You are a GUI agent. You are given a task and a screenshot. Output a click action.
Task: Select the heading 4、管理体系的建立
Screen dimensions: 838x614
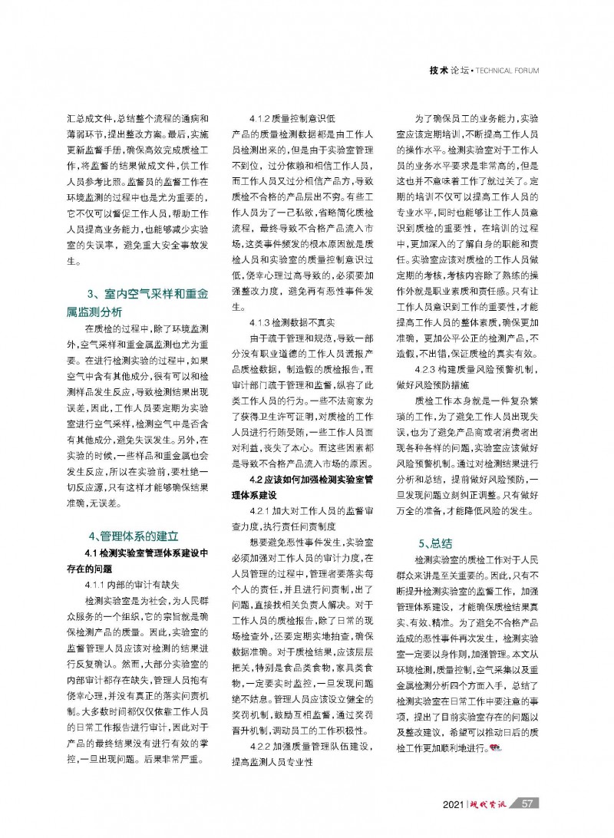(134, 536)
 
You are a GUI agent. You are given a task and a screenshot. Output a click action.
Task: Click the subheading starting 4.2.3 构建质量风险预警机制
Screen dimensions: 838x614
(467, 371)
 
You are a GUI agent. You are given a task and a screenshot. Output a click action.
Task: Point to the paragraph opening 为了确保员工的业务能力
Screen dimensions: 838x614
(468, 120)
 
